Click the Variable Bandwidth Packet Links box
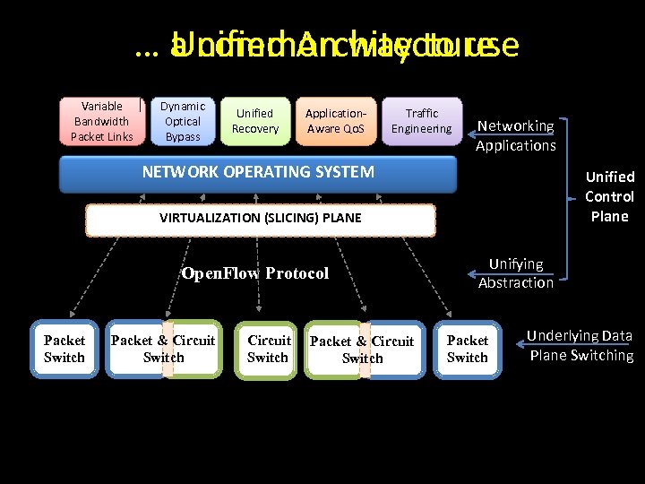[102, 121]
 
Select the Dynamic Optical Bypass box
[183, 121]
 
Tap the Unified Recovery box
[254, 121]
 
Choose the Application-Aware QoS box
[335, 121]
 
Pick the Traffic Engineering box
[421, 121]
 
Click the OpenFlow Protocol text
[255, 273]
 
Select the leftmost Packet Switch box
[64, 349]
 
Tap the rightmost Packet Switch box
[468, 349]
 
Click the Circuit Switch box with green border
[268, 349]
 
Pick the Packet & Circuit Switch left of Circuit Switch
[163, 349]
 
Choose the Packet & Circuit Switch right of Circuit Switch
[362, 349]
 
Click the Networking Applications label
[515, 136]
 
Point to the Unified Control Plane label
[609, 196]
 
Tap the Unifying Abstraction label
[515, 273]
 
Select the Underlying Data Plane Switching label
[580, 345]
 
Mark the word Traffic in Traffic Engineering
[421, 113]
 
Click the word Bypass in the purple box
[183, 137]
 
